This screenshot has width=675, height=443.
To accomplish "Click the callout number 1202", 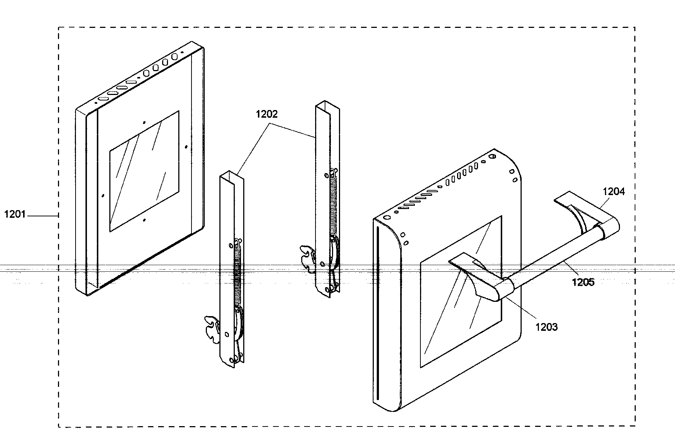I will coord(267,114).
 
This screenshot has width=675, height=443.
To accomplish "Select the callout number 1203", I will coord(547,327).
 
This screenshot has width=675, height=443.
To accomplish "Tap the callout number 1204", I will coord(614,191).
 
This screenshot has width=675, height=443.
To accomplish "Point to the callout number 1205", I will coord(583,282).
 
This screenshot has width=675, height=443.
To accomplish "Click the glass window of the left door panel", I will coord(144,171).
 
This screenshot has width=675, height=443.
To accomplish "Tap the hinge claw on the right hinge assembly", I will coord(307,258).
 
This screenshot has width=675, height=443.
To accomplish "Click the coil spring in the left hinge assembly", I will coord(237,271).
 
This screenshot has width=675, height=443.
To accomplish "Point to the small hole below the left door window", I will coord(145,220).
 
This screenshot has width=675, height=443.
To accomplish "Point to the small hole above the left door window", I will coord(144,122).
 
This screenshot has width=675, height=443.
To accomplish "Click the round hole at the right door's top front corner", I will coord(386,217).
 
